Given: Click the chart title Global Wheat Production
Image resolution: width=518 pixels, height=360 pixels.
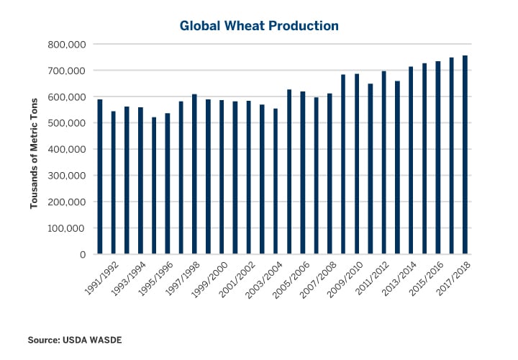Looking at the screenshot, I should pyautogui.click(x=258, y=26).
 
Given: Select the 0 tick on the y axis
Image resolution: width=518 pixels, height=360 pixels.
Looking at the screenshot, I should pyautogui.click(x=83, y=255).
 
